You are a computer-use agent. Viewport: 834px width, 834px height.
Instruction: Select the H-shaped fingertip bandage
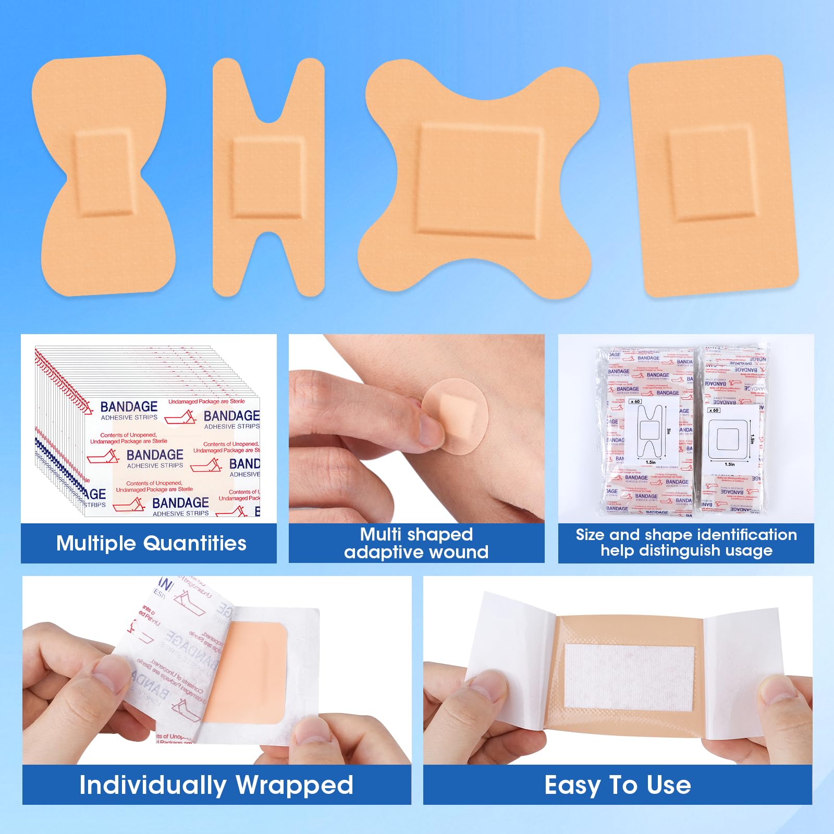click(x=268, y=177)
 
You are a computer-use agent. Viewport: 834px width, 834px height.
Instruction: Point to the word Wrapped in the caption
click(x=295, y=785)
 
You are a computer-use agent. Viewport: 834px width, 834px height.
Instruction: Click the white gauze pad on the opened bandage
click(x=630, y=676)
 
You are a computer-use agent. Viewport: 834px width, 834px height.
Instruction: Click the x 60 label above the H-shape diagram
click(x=635, y=401)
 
